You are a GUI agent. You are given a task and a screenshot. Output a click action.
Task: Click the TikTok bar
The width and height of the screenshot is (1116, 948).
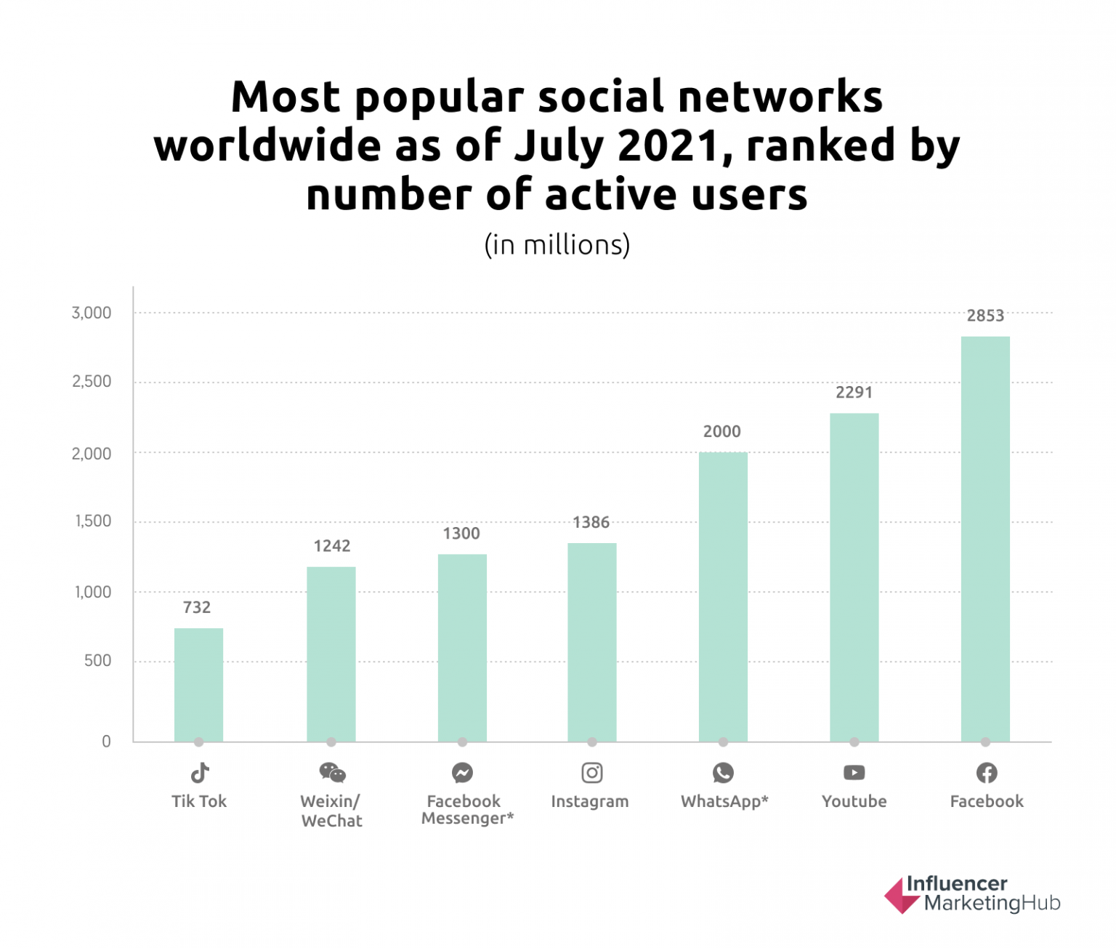(x=198, y=684)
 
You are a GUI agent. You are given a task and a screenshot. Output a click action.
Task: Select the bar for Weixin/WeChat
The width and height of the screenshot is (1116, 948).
(x=331, y=654)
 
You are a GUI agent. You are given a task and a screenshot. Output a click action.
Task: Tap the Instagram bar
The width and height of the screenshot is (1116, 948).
(x=591, y=642)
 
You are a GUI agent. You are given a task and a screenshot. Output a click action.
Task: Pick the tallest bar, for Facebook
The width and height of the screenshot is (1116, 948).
(x=985, y=539)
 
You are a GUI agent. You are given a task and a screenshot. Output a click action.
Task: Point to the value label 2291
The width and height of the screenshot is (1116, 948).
(x=854, y=393)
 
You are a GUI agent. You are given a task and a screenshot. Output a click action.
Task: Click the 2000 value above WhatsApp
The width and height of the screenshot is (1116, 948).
(x=721, y=432)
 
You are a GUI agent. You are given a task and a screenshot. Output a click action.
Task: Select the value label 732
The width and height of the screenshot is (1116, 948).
(x=197, y=608)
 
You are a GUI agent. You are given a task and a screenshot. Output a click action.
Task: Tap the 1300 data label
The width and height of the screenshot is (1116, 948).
(x=461, y=534)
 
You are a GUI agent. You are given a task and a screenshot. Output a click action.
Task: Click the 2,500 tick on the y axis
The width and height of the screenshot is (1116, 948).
(x=92, y=382)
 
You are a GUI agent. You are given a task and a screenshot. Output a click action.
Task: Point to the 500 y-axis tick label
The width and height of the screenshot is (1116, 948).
(x=97, y=661)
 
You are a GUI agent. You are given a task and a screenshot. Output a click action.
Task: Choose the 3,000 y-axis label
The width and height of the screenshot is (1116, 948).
(x=92, y=313)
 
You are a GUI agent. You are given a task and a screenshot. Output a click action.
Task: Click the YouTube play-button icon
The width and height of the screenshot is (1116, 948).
(x=854, y=772)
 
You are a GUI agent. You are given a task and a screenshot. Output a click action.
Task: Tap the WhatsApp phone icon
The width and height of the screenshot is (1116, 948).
(x=723, y=772)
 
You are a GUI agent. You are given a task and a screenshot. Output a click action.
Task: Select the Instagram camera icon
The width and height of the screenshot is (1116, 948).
(x=592, y=772)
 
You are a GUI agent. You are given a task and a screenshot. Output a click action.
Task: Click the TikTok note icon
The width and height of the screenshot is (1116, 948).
(x=200, y=772)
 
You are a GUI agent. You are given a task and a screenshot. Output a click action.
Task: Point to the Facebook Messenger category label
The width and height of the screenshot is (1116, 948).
(x=466, y=810)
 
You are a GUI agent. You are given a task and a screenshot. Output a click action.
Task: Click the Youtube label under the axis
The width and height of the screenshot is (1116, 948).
(x=854, y=801)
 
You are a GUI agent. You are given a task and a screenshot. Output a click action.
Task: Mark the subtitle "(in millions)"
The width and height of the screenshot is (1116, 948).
(x=557, y=245)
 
